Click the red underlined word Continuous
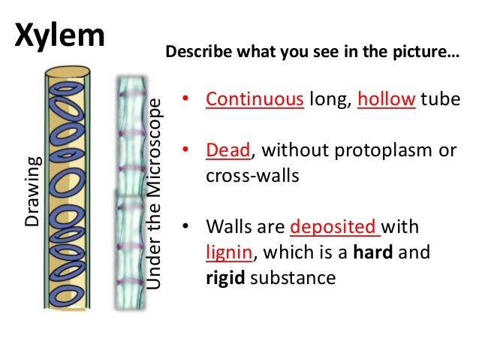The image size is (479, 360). (255, 100)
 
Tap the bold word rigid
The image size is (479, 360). (226, 278)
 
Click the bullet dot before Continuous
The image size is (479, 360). (185, 101)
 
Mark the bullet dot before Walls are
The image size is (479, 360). (185, 228)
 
